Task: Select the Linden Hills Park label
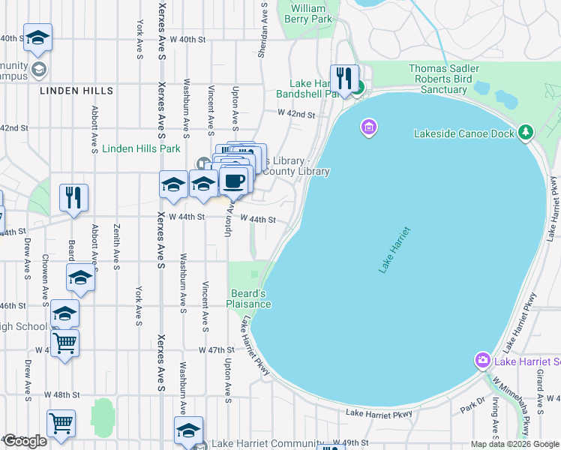[x=142, y=148]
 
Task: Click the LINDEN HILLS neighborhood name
[x=77, y=91]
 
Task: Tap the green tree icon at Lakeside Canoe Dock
[x=526, y=133]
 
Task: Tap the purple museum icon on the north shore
[x=367, y=127]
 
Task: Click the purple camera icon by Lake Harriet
[x=484, y=361]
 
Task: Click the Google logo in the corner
[x=25, y=441]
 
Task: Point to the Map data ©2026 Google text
[x=513, y=444]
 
